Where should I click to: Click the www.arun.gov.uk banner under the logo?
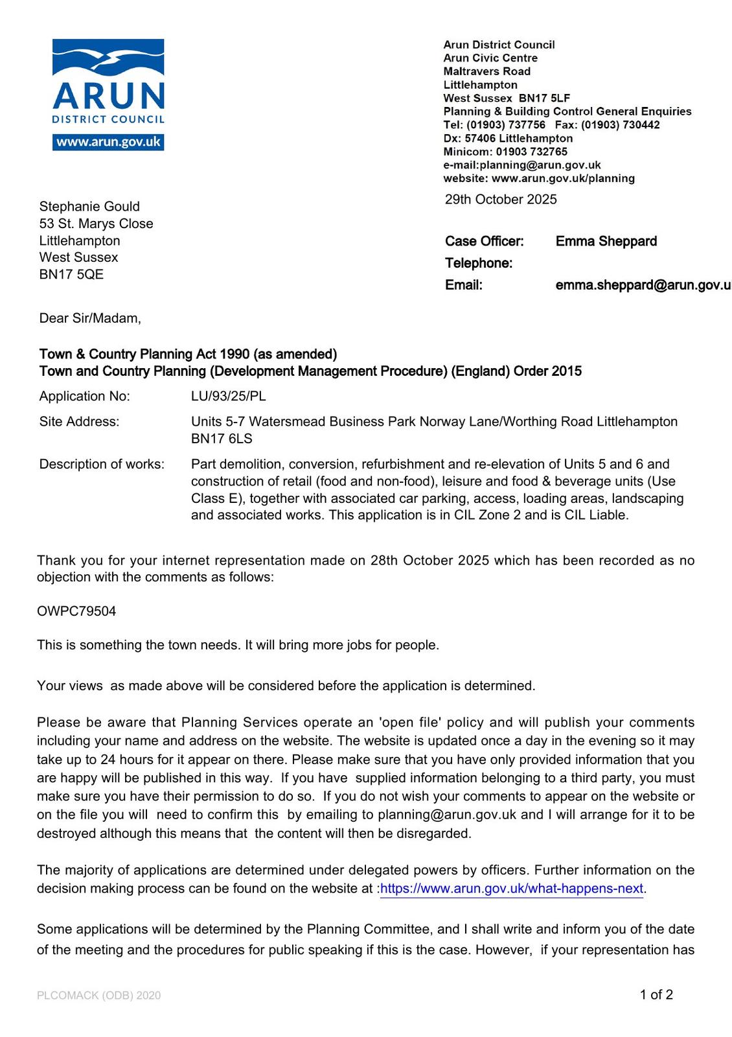click(108, 142)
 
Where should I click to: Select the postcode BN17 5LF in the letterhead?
click(544, 98)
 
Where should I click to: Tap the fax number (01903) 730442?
click(620, 124)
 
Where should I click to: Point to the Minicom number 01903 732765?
click(531, 152)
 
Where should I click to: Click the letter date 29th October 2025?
click(500, 200)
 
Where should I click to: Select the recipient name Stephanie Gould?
click(89, 206)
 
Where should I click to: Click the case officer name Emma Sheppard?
click(606, 241)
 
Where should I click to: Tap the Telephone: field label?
click(478, 263)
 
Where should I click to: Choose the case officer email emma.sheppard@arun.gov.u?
click(643, 285)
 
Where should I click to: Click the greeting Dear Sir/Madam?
click(89, 318)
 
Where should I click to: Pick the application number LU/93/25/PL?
click(228, 396)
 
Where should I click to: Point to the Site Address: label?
click(79, 421)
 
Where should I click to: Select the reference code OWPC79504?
click(76, 611)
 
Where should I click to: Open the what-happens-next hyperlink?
click(512, 889)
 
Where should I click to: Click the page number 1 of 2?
click(656, 995)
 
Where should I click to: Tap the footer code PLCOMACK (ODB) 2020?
click(98, 996)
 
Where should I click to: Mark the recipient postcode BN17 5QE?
click(71, 274)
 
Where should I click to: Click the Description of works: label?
click(102, 464)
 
